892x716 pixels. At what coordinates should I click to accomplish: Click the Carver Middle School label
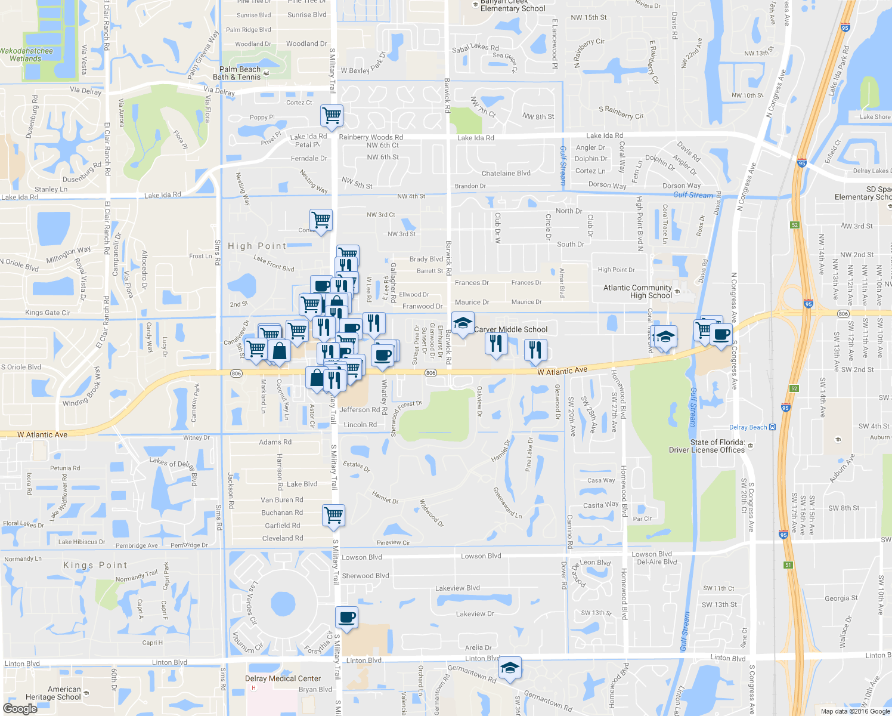click(x=510, y=329)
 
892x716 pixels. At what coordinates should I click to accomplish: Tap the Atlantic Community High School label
click(x=637, y=292)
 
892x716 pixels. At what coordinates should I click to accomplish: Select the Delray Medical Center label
click(x=283, y=678)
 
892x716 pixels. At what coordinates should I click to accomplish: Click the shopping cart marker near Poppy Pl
click(x=332, y=114)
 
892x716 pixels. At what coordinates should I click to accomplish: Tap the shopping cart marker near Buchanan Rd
click(x=333, y=514)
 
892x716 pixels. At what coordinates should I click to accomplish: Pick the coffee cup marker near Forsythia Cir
click(x=346, y=617)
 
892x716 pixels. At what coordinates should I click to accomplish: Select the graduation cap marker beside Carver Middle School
click(x=463, y=323)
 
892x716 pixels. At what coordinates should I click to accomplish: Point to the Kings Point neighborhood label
click(x=95, y=565)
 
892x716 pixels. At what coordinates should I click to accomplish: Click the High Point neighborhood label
click(x=257, y=246)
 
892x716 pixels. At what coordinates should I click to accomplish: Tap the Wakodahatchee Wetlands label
click(x=26, y=55)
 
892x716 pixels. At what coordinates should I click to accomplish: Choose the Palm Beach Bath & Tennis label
click(x=240, y=73)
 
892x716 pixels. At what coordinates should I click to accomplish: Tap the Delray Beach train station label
click(x=748, y=427)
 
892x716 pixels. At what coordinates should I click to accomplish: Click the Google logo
click(x=20, y=709)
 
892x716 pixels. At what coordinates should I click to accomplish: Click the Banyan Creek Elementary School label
click(x=513, y=5)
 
